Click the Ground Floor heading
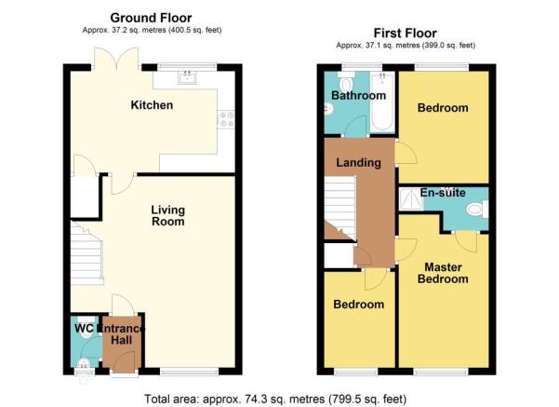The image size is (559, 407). [151, 18]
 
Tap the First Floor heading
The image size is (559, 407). [405, 34]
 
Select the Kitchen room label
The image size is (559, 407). [152, 105]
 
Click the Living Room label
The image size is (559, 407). [168, 216]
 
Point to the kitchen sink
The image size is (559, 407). [187, 77]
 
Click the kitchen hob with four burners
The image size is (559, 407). [227, 119]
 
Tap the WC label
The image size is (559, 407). [84, 328]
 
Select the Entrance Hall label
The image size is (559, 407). [122, 334]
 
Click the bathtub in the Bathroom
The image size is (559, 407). [382, 102]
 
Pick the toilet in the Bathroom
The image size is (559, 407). [346, 81]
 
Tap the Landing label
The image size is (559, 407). [359, 162]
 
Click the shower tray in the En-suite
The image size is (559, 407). [411, 199]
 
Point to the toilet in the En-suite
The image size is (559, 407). [477, 209]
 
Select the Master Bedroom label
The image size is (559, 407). [443, 273]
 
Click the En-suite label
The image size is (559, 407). [443, 193]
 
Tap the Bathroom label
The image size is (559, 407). [359, 95]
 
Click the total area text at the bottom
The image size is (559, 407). [275, 399]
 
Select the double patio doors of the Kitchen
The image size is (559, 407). [116, 58]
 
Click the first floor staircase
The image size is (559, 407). [340, 208]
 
